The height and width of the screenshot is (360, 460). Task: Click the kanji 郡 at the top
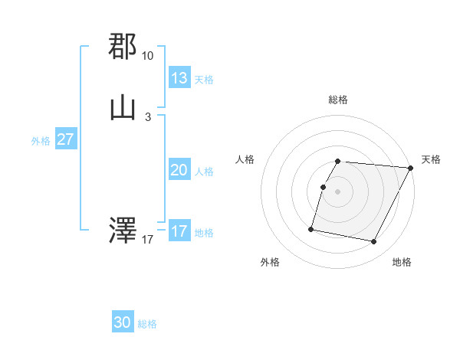coord(123,47)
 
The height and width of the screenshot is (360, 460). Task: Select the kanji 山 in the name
coord(123,108)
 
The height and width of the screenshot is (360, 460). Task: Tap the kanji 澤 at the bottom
coord(123,230)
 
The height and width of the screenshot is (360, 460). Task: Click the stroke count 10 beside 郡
coord(147,56)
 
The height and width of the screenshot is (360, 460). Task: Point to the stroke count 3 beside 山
coord(147,116)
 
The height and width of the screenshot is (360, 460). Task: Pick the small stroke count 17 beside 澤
coord(147,240)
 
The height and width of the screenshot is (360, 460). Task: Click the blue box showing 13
coord(179,78)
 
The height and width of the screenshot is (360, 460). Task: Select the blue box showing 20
coord(179,171)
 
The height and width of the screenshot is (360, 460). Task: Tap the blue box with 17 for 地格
coord(179,231)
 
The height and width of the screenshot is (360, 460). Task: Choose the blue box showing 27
coord(66,140)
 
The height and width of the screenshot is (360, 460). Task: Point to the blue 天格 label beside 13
coord(204,80)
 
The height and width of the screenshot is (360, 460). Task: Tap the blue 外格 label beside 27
coord(41,141)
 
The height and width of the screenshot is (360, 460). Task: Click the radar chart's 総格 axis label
coord(338,100)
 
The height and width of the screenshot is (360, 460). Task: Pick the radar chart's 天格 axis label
coord(431,159)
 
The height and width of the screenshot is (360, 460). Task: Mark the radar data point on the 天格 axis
coord(411,168)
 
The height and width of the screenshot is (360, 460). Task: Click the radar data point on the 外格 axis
coord(311,228)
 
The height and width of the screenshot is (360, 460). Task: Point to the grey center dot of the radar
coord(338,191)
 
